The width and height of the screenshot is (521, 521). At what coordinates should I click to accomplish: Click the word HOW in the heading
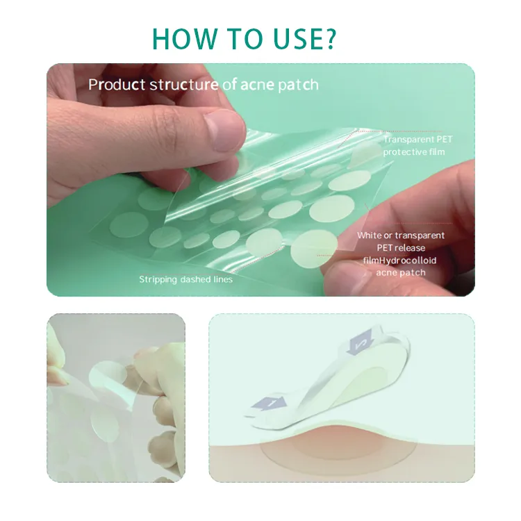tap(185, 38)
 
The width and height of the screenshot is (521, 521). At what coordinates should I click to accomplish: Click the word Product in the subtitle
tap(117, 84)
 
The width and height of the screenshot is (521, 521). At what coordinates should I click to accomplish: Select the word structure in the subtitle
tap(183, 85)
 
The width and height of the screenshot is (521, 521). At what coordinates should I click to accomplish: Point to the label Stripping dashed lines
tap(185, 279)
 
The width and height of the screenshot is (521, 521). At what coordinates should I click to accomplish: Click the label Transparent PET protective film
tap(417, 146)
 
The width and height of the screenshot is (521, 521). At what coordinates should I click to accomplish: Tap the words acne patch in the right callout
tap(401, 273)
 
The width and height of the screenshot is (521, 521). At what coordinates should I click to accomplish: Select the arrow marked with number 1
tap(270, 403)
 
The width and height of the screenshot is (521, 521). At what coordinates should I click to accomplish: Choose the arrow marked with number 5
tap(361, 342)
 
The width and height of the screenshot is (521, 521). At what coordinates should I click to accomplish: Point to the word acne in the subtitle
tap(257, 85)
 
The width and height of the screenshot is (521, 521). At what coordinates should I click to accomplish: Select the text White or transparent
tap(401, 235)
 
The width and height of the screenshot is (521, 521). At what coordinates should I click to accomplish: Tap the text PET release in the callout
tap(401, 248)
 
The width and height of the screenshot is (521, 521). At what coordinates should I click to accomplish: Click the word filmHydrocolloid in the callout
tap(399, 260)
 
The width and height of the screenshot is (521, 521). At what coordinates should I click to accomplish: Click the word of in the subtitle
tap(229, 85)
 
